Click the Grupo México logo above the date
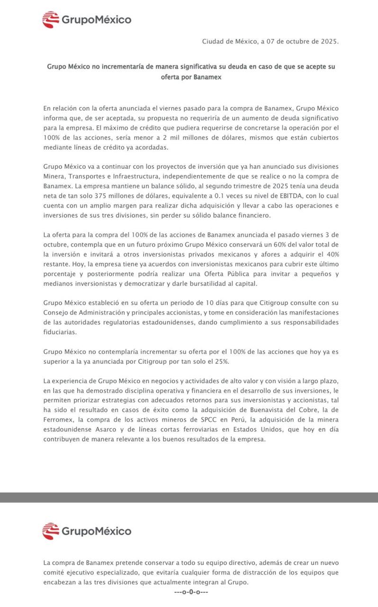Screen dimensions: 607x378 (87, 19)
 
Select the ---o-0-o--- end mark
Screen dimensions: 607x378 (191, 591)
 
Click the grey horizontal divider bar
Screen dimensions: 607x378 (189, 497)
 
